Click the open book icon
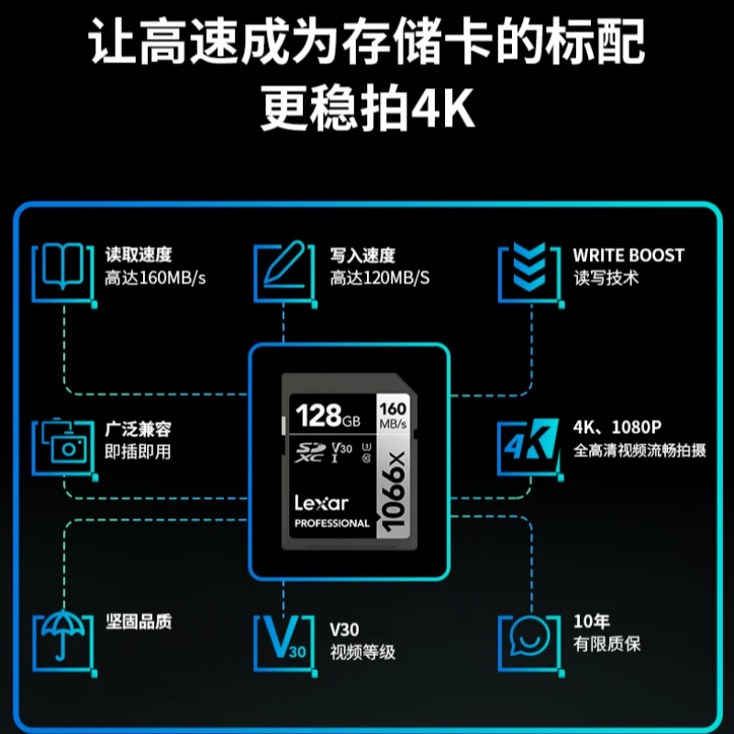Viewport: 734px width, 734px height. (x=62, y=266)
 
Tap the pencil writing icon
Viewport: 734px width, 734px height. (x=284, y=264)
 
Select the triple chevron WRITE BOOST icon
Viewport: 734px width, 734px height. (x=529, y=266)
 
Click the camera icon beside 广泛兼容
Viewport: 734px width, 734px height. (x=63, y=441)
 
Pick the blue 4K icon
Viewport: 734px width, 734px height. (x=532, y=439)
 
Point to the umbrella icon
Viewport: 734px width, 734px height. (x=63, y=635)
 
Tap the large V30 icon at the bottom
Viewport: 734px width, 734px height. (x=284, y=637)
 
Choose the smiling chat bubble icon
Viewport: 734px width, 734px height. (x=529, y=636)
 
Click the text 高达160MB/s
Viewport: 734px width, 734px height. (x=155, y=278)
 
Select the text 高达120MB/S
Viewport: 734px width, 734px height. (x=380, y=278)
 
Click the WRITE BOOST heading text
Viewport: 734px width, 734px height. (x=628, y=255)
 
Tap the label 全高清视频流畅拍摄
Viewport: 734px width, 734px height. (x=639, y=450)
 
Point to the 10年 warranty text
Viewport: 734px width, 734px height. (x=592, y=621)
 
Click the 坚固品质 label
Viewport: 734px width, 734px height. (x=139, y=622)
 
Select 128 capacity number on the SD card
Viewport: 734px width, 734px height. (x=318, y=416)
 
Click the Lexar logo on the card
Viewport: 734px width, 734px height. (x=322, y=503)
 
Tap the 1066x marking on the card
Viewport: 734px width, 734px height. (x=394, y=492)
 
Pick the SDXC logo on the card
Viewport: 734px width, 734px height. (x=309, y=452)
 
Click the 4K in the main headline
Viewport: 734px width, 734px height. (x=443, y=108)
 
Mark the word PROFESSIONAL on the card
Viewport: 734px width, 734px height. (x=332, y=523)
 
